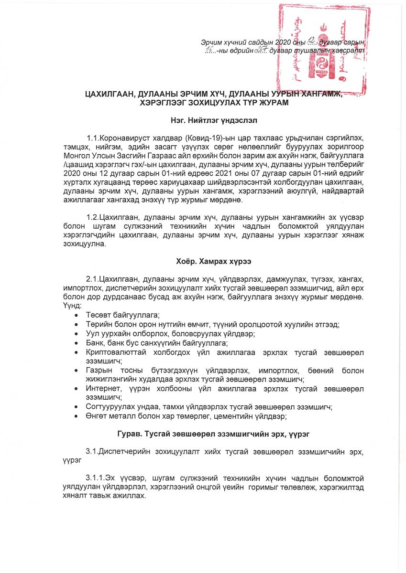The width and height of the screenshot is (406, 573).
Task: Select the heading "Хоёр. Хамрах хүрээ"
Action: (203, 261)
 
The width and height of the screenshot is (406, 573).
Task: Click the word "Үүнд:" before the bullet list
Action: (72, 306)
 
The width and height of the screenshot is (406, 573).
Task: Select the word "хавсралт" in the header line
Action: (351, 49)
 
